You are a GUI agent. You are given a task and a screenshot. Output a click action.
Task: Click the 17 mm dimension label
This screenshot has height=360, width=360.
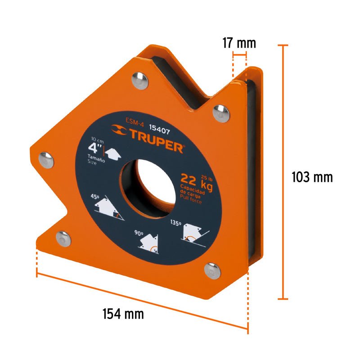[239, 43]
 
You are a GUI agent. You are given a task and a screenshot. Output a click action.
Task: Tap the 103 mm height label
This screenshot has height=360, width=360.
[312, 177]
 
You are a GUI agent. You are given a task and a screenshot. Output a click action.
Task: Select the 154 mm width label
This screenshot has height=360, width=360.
[123, 314]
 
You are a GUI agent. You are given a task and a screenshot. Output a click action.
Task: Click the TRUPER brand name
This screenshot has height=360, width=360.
[157, 140]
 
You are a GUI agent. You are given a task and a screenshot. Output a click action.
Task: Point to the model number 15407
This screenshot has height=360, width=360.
[160, 130]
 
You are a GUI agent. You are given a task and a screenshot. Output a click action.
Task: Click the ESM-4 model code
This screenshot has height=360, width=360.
[135, 122]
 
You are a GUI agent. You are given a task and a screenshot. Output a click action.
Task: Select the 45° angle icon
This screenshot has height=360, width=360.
[109, 208]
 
